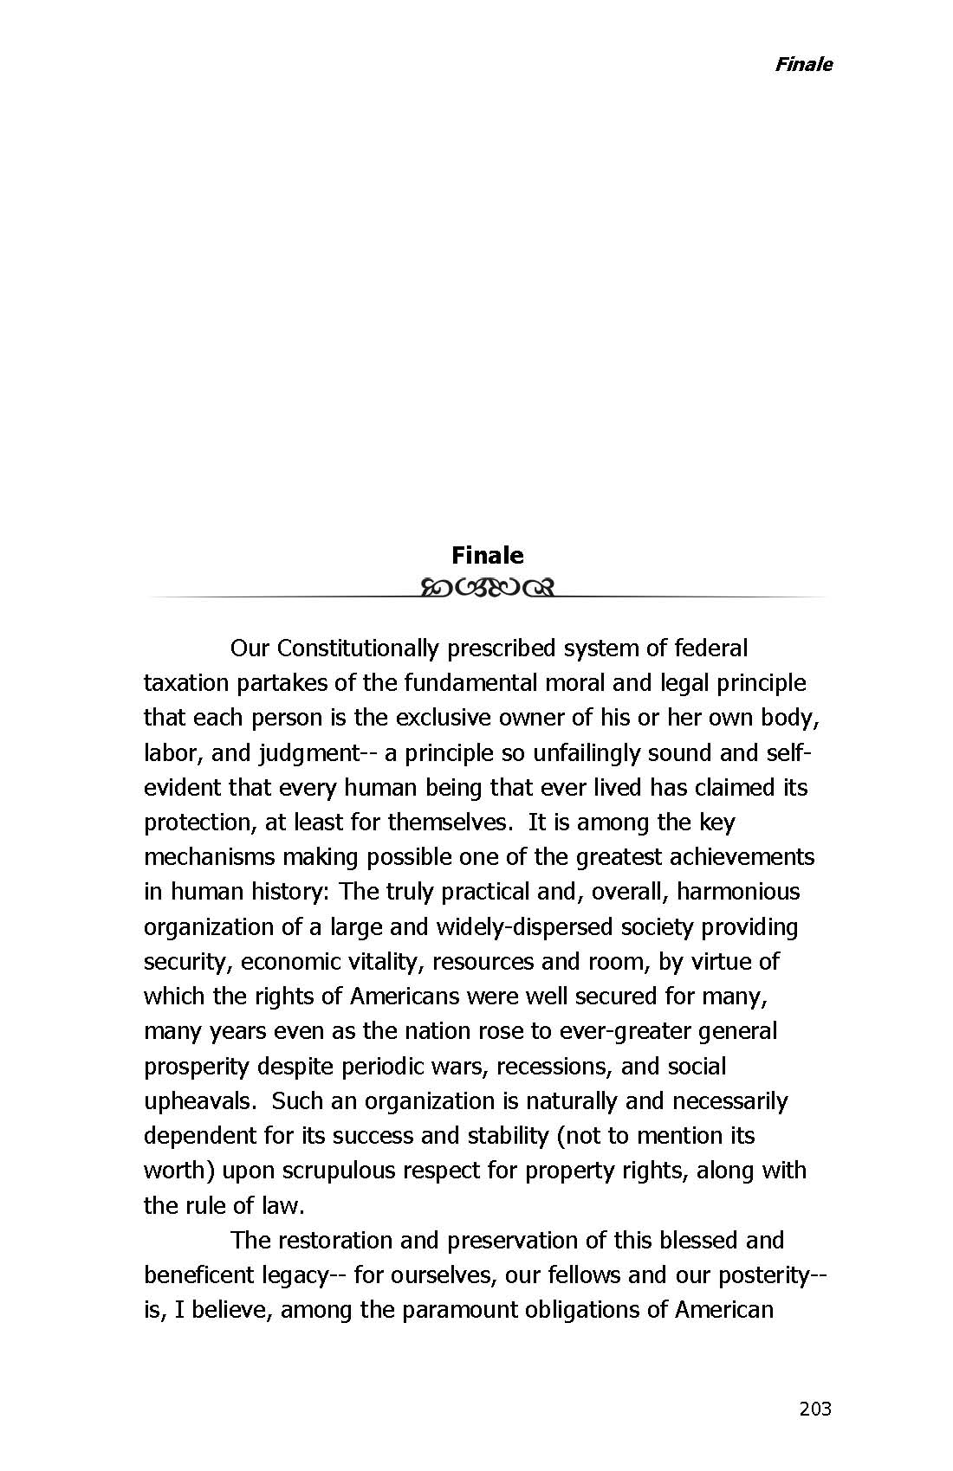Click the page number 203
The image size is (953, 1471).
pyautogui.click(x=814, y=1409)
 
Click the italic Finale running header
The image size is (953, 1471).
pyautogui.click(x=803, y=64)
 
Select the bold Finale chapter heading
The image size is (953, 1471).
pyautogui.click(x=487, y=555)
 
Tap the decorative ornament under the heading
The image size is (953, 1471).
pyautogui.click(x=487, y=590)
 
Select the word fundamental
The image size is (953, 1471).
pyautogui.click(x=470, y=683)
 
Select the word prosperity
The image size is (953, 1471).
pyautogui.click(x=197, y=1067)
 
